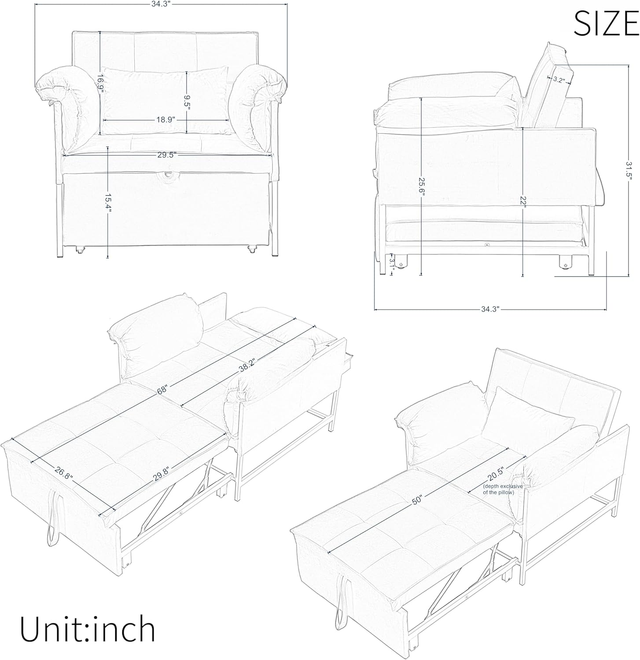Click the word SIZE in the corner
(x=606, y=24)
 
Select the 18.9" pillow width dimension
(x=166, y=119)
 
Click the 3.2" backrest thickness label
(x=559, y=80)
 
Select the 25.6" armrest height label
(x=422, y=187)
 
